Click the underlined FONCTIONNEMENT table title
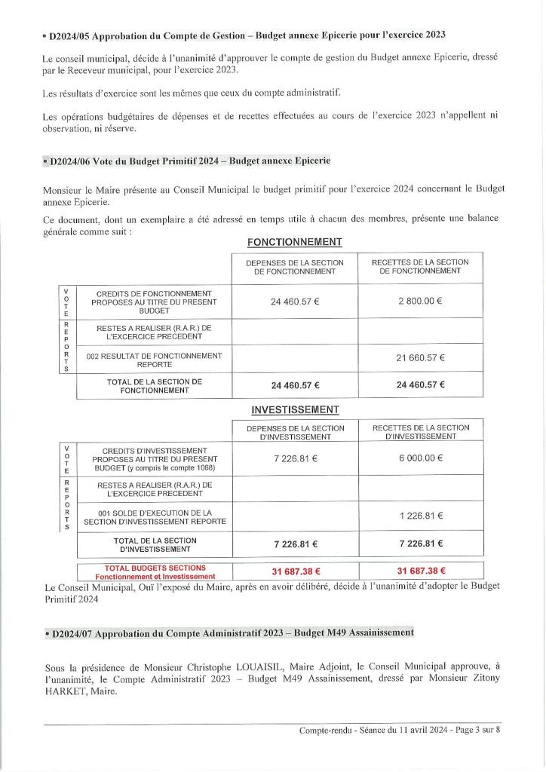pos(294,242)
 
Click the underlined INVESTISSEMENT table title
pos(294,409)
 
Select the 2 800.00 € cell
pos(420,301)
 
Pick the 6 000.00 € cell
pos(420,458)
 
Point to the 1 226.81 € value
pos(420,516)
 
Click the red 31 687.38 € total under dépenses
pos(294,571)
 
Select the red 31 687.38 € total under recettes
pos(420,571)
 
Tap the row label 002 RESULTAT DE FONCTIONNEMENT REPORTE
pos(154,359)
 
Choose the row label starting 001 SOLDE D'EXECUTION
pos(154,517)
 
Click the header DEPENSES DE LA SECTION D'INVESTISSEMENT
pos(294,433)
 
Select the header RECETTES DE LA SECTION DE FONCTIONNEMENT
pos(420,266)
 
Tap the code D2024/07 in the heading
pos(72,633)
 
